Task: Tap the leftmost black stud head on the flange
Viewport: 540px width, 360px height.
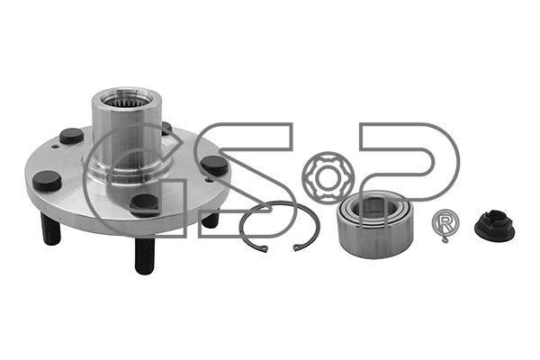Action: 47,181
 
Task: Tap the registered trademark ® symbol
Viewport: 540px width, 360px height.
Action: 444,223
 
